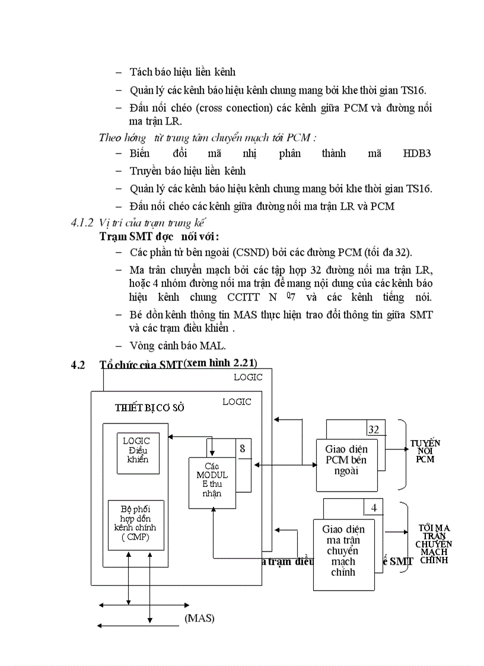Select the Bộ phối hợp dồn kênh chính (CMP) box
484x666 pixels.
tap(136, 525)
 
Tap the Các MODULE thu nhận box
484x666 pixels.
tap(212, 482)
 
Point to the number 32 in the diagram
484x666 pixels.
tap(374, 429)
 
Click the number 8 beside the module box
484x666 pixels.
tap(242, 449)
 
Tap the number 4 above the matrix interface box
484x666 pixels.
tap(374, 508)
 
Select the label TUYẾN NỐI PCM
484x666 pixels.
tap(425, 451)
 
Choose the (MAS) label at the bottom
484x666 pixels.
tap(199, 618)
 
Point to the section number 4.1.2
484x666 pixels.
tap(82, 224)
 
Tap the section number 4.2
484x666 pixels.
tap(78, 365)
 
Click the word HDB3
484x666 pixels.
tap(416, 154)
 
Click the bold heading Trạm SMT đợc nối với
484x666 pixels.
tap(159, 237)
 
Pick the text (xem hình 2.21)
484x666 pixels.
tap(220, 363)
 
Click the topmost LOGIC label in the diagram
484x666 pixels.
tap(248, 377)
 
